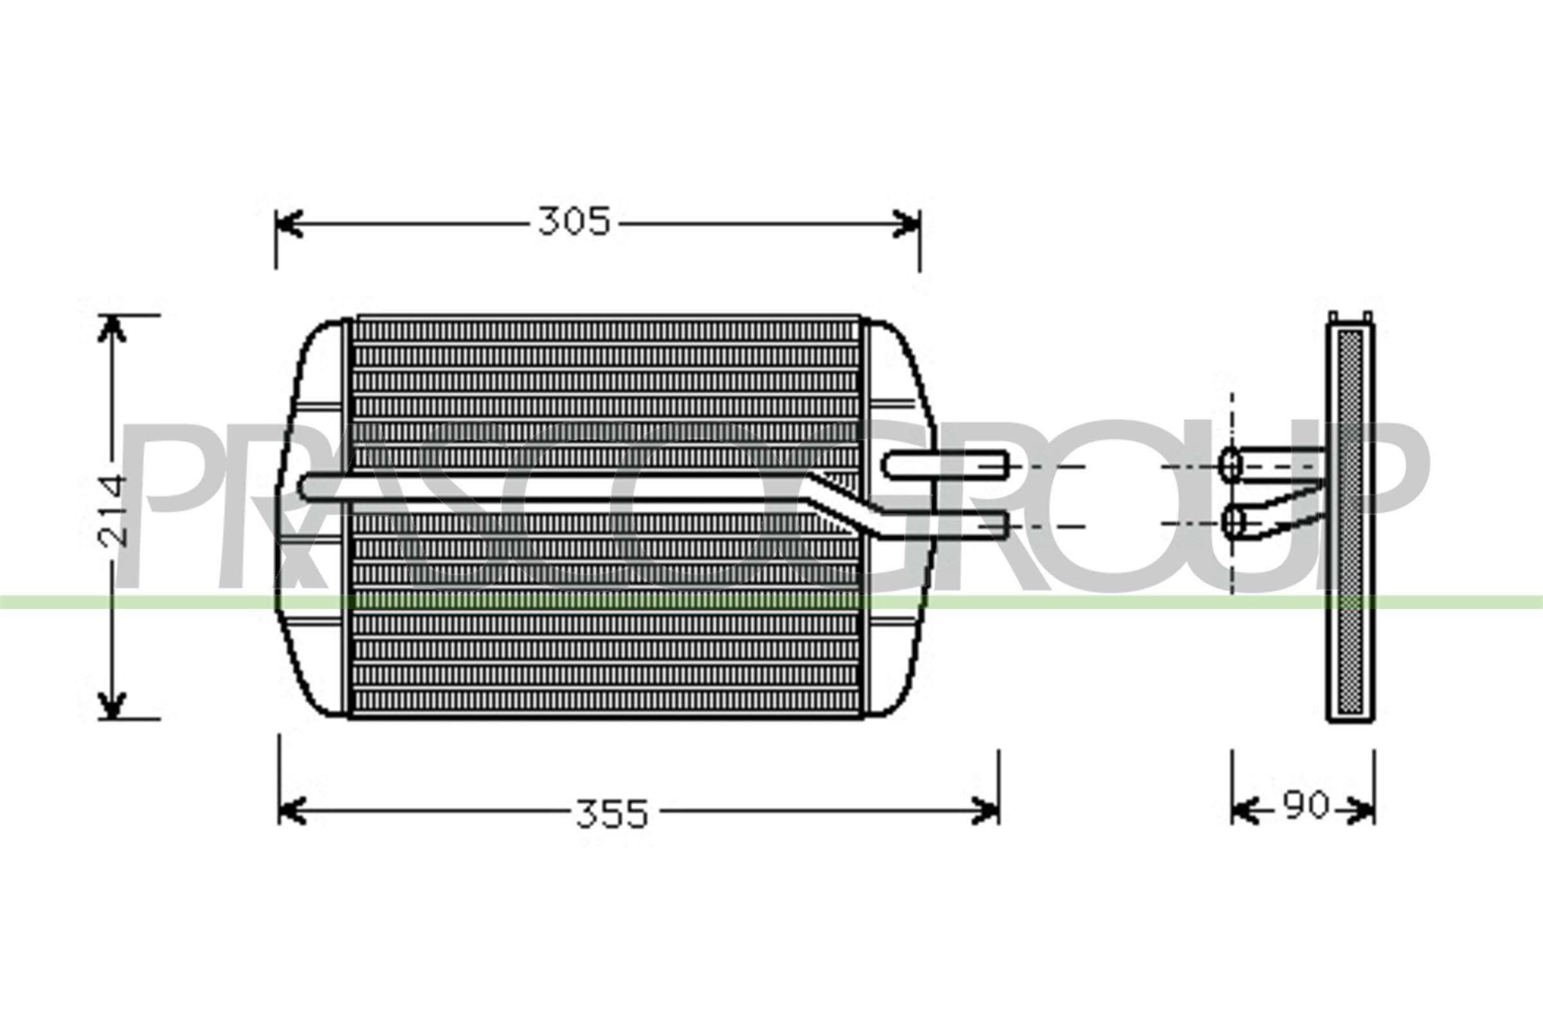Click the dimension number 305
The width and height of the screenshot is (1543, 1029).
574,223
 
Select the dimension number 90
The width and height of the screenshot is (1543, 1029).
1306,806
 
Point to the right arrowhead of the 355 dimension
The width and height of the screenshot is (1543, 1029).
986,811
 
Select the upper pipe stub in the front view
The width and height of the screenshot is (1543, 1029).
944,464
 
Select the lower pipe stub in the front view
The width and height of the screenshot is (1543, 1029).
944,525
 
